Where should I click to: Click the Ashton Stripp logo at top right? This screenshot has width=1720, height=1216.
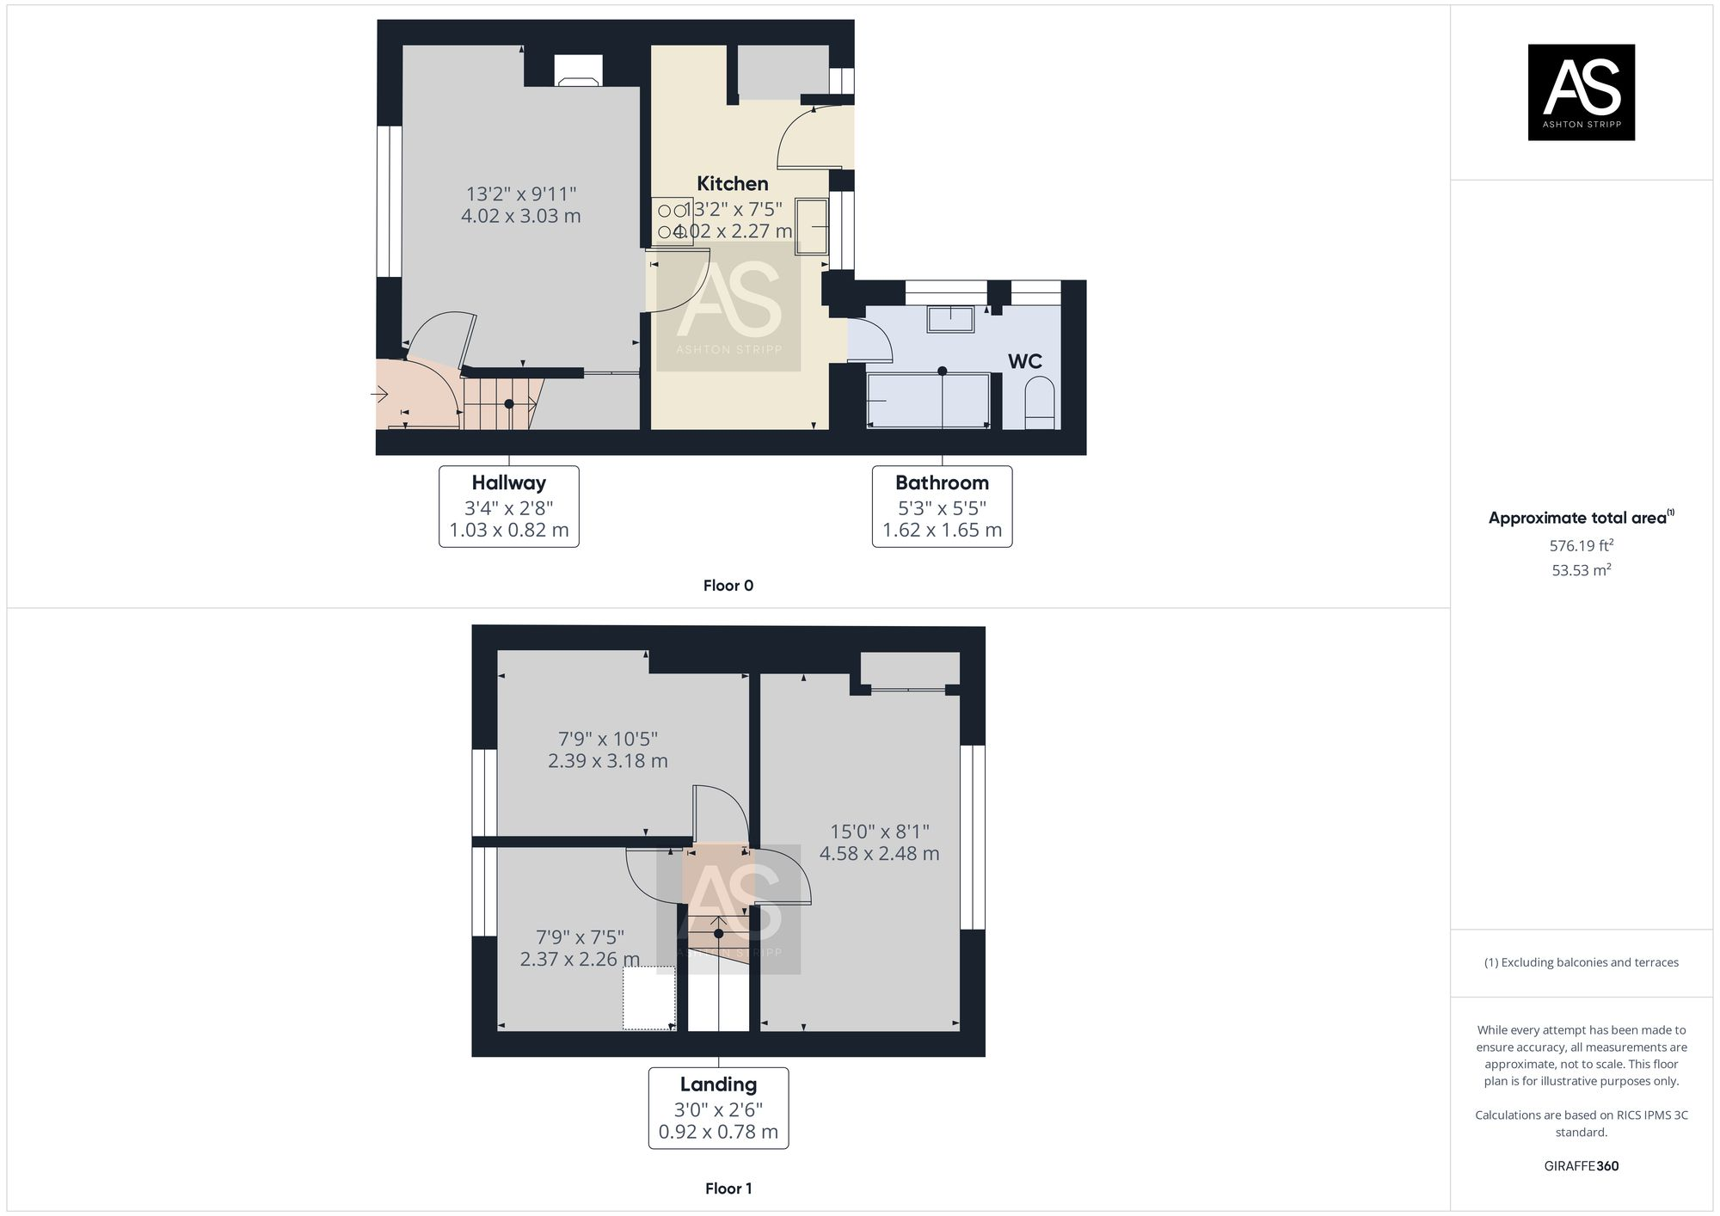(1581, 92)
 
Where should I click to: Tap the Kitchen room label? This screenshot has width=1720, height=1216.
(732, 183)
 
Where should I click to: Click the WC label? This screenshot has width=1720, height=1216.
(1024, 361)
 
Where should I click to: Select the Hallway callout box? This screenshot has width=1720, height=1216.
(508, 507)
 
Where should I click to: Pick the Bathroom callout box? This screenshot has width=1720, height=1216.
(942, 507)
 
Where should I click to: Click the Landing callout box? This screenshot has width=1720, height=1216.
(718, 1108)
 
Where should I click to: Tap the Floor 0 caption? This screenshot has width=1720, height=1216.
(728, 586)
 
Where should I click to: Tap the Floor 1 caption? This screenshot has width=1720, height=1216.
(728, 1188)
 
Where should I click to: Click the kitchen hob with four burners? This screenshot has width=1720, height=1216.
(672, 221)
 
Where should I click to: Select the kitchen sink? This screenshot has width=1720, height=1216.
(811, 226)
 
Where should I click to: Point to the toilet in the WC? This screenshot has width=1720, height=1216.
(1040, 405)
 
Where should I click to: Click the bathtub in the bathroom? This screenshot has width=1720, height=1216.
(928, 400)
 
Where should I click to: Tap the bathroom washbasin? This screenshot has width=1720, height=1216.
(949, 319)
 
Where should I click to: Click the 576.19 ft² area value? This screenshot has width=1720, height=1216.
(1581, 545)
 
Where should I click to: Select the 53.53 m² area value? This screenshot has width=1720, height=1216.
(1581, 570)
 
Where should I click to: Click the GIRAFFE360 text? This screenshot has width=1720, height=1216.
(1581, 1166)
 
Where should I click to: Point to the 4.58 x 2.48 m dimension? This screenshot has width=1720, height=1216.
(879, 854)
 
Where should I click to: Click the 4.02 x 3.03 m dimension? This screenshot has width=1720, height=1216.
(520, 216)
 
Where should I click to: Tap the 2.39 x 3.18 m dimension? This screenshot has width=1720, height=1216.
(607, 761)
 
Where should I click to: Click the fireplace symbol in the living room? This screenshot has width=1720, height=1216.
(578, 71)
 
